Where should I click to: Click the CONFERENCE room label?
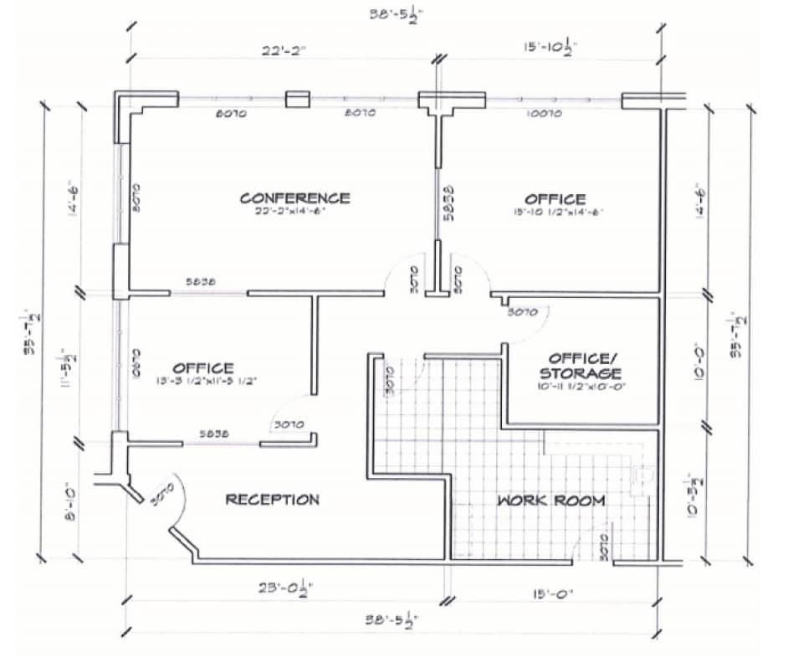(x=294, y=198)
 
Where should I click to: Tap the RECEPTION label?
(x=273, y=500)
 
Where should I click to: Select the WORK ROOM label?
(x=551, y=500)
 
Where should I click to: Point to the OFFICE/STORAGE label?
(x=580, y=365)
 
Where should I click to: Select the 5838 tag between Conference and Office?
(x=448, y=203)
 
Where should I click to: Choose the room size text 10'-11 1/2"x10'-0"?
(x=581, y=387)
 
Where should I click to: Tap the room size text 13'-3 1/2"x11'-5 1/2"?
(x=204, y=382)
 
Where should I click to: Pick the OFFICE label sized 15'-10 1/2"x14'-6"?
(x=555, y=198)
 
